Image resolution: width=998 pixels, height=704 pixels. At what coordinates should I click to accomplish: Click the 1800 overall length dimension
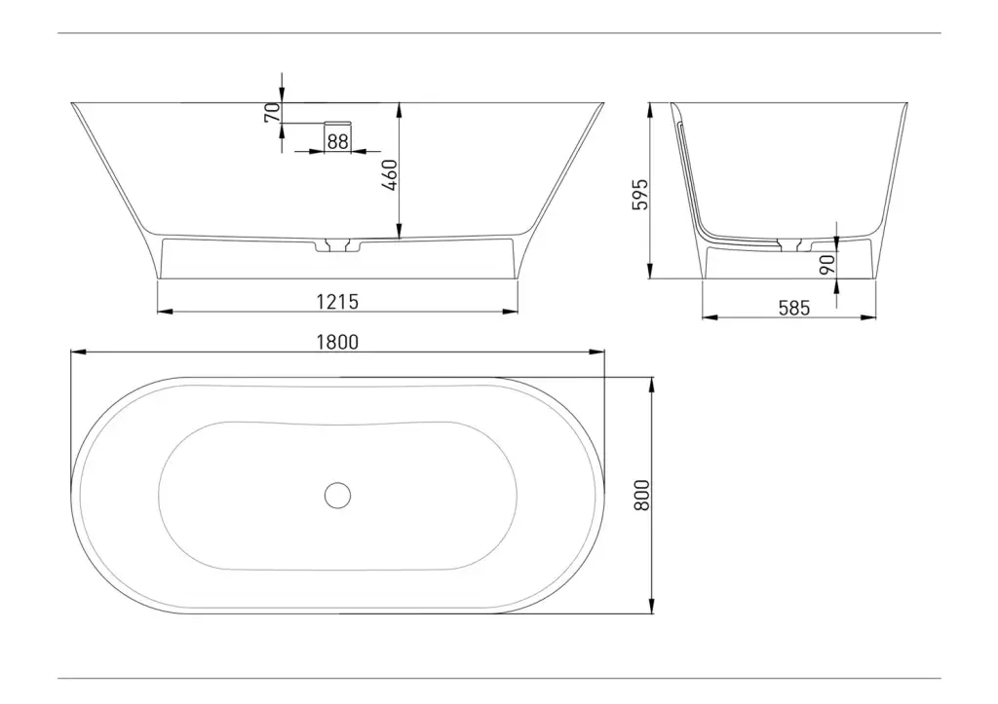337,342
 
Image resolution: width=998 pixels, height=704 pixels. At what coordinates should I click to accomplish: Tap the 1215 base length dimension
337,302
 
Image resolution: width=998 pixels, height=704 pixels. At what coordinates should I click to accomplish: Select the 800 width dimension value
642,495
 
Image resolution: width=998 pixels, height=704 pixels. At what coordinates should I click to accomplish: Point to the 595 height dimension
639,194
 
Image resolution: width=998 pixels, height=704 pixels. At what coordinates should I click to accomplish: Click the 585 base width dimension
794,309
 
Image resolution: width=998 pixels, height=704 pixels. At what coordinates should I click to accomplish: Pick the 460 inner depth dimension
390,175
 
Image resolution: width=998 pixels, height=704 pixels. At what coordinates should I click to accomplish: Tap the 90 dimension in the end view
826,264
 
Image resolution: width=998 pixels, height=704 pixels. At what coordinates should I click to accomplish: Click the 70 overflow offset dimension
273,113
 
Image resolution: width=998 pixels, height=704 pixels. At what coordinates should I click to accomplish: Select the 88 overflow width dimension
338,141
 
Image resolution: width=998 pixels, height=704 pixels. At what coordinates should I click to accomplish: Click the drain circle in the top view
337,495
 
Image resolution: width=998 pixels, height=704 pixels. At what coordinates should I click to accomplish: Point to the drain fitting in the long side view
337,244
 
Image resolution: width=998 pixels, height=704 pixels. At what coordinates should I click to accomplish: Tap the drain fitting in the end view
794,244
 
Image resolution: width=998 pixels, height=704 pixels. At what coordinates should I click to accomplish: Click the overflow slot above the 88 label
338,122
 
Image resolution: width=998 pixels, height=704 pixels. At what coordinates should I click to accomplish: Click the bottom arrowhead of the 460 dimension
399,232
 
